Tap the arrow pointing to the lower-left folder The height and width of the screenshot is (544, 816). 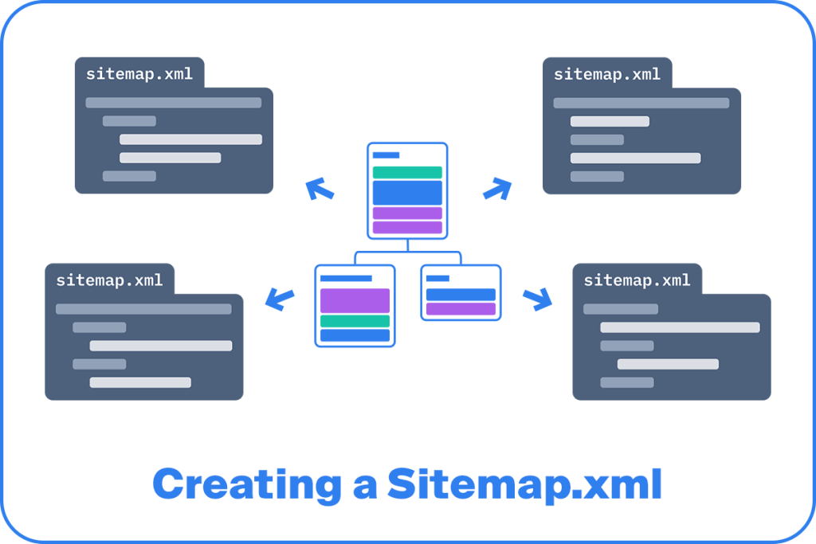[x=280, y=299]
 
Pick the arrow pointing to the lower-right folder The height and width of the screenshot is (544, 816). [x=538, y=299]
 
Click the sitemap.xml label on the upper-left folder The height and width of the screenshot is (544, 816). [x=139, y=74]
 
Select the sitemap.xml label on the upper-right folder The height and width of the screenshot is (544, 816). [x=607, y=74]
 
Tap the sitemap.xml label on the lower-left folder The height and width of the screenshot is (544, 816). [x=109, y=280]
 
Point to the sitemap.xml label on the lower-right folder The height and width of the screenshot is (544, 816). [x=637, y=280]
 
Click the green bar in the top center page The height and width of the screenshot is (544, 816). [x=407, y=172]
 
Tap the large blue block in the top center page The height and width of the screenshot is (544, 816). [x=407, y=193]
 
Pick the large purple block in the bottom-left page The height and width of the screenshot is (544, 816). [x=355, y=300]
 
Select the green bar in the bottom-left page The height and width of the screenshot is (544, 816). [x=355, y=321]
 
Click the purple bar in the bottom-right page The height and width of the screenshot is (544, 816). [x=461, y=309]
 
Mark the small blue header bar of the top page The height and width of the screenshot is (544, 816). [x=386, y=155]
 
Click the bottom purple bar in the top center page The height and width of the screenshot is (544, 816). [x=407, y=227]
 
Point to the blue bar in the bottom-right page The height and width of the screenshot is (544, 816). [x=461, y=295]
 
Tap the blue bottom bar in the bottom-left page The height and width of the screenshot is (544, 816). [x=355, y=335]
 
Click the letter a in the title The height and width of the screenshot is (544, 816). [x=365, y=487]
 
